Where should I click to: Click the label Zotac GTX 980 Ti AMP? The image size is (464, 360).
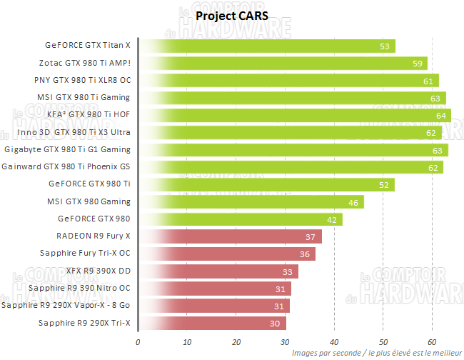tap(89, 63)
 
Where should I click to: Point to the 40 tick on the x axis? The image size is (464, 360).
tap(333, 341)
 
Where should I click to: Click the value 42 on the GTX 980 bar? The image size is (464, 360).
tap(332, 219)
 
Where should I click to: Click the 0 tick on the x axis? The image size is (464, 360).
tap(138, 341)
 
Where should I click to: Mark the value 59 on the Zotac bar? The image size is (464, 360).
tap(417, 64)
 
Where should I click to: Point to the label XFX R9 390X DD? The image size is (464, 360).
tap(99, 271)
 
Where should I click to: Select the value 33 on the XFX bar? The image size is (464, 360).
tap(288, 271)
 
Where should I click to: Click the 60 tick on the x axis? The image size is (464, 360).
tap(431, 341)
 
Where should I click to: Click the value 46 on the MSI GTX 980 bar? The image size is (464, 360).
tap(353, 202)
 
